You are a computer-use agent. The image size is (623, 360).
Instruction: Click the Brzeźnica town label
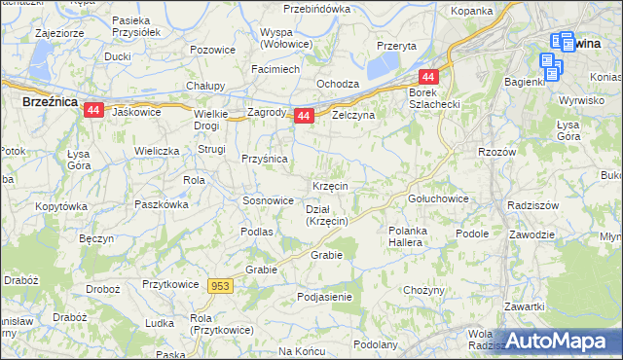[50, 100]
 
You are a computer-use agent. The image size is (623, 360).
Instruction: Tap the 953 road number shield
[220, 285]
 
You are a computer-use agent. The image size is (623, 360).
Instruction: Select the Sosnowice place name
[268, 200]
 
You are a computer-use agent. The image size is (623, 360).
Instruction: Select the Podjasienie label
[325, 296]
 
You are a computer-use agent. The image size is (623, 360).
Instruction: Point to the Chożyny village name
[423, 290]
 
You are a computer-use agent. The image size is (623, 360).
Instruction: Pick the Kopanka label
[471, 11]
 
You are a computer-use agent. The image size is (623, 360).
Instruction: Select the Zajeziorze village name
[60, 32]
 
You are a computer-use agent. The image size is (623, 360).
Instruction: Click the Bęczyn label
[97, 238]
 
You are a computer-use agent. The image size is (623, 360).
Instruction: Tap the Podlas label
[257, 232]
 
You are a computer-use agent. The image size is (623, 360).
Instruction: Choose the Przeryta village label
[396, 46]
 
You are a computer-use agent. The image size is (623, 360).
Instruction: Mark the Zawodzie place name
[531, 234]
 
